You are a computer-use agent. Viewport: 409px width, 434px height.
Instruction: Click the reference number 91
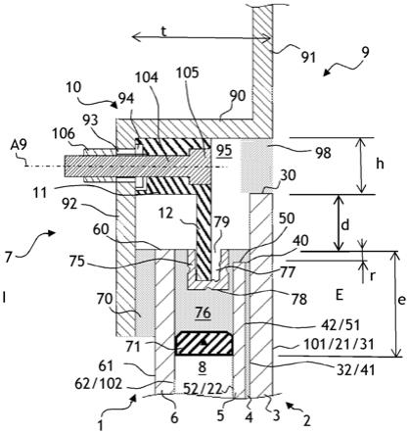pyautogui.click(x=308, y=57)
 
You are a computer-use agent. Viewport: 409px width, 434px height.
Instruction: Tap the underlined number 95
pyautogui.click(x=225, y=151)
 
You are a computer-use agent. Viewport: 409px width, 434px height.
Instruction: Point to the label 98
pyautogui.click(x=323, y=153)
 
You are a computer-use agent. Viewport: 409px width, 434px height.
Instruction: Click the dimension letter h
pyautogui.click(x=380, y=165)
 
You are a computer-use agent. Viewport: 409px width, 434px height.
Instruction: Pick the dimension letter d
pyautogui.click(x=345, y=224)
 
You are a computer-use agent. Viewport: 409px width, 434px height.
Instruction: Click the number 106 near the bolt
pyautogui.click(x=64, y=134)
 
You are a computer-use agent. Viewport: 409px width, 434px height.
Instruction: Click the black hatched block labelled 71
pyautogui.click(x=204, y=344)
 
